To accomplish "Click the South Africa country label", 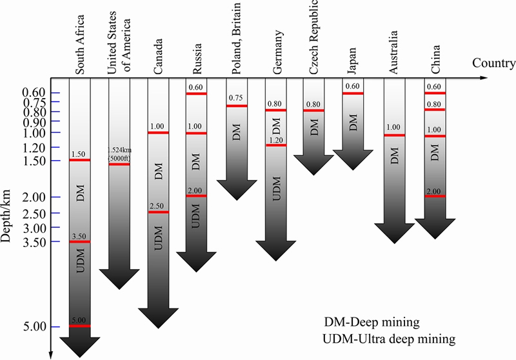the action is coord(80,45).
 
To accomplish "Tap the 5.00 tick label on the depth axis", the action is coord(35,326).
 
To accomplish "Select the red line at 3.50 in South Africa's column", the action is coord(79,242).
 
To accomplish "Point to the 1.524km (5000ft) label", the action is coord(119,154).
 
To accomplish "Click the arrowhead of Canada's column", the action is coord(158,318).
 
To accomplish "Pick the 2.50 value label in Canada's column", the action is coord(157,206).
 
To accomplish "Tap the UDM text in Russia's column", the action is coord(196,216).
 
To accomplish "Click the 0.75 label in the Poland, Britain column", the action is coord(235,97).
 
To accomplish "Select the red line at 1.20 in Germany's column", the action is coord(276,145).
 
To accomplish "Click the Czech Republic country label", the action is coord(313,37).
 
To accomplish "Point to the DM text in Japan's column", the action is coord(353,123).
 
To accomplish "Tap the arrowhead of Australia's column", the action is coord(395,234).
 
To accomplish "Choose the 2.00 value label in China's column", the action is coord(434,192).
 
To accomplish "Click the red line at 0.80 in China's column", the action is coord(435,110).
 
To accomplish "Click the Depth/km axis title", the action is coord(6,216).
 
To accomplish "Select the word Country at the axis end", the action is coord(493,63).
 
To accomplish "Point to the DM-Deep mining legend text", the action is coord(372,322).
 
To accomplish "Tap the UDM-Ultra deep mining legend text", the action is coord(390,339).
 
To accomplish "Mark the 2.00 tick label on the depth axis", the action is coord(35,197).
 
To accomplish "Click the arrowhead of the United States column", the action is coord(119,279).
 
